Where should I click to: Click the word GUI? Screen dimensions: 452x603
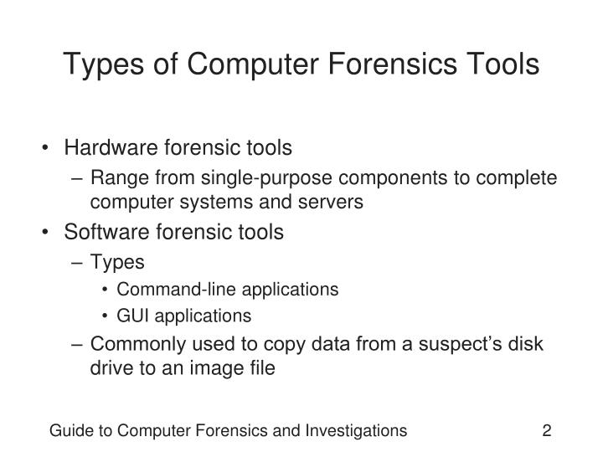[x=132, y=316]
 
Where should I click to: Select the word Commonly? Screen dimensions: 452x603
[x=132, y=344]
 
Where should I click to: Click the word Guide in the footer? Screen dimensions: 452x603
[x=70, y=431]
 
